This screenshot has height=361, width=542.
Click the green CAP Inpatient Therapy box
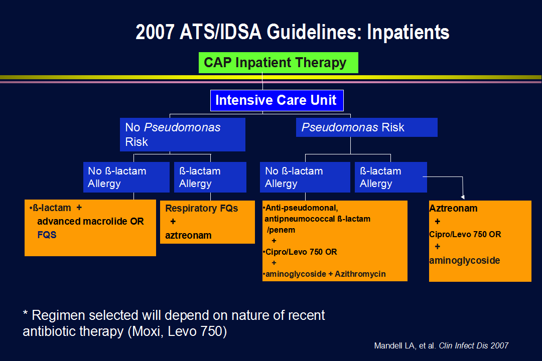coord(278,63)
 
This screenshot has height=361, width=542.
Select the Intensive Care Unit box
coord(277,100)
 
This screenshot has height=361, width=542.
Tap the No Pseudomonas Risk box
coord(183,134)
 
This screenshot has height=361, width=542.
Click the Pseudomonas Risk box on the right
coord(367,127)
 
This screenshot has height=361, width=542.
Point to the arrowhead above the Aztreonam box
coord(463,197)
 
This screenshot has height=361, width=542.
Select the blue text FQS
coord(47,235)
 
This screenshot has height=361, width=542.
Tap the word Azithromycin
coord(360,274)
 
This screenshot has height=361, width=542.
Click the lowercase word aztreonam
coord(188,236)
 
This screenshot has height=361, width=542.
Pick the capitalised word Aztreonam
coord(453,208)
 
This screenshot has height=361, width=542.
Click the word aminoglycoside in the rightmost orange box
coord(465,261)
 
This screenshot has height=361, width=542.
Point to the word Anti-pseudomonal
coord(302,208)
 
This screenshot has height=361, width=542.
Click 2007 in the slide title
coord(155,32)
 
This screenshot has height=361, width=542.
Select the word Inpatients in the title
coord(408,32)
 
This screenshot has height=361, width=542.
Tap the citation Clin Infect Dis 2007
coord(474,345)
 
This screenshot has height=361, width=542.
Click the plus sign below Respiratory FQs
coord(173,222)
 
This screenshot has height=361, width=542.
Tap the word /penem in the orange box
coord(281,230)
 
